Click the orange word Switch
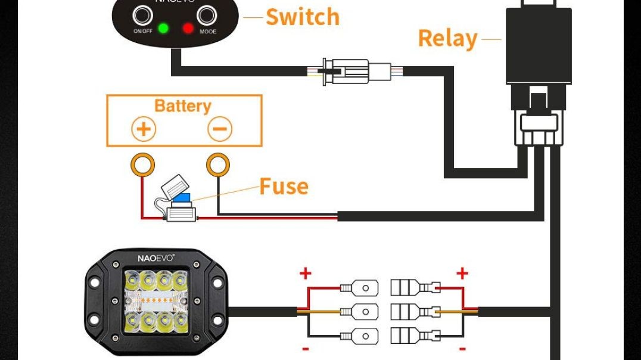click(302, 17)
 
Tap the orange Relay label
click(447, 39)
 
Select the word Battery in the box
click(182, 106)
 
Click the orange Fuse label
click(284, 187)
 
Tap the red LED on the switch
click(188, 28)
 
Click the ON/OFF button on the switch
click(142, 14)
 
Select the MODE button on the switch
click(207, 14)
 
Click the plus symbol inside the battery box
click(144, 129)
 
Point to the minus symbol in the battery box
click(220, 129)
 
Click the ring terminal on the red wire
click(143, 164)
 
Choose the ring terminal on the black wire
click(218, 164)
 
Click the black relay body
click(539, 46)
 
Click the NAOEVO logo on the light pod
click(155, 258)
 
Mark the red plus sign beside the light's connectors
click(305, 274)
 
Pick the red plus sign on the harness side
click(462, 274)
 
